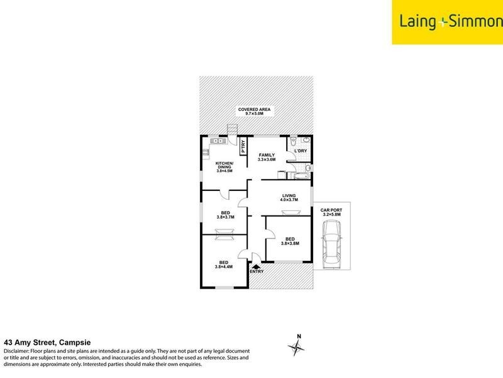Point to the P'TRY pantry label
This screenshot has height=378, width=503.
point(242,146)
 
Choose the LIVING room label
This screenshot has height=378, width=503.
point(289,197)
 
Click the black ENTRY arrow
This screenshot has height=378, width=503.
point(257,267)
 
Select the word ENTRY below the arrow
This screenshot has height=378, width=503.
point(257,272)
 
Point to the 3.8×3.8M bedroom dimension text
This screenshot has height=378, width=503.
point(290,243)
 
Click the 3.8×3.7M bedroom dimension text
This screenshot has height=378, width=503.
point(224,217)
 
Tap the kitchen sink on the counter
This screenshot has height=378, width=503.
point(217,141)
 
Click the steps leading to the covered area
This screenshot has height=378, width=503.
point(233,130)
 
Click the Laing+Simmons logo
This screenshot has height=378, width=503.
point(447,22)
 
